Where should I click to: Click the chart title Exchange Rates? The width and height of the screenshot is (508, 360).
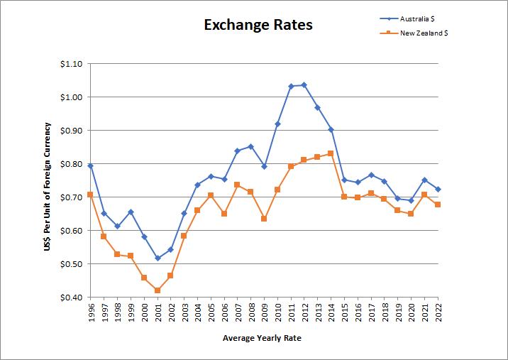pos(258,25)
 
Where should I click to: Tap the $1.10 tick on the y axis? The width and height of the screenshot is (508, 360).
pos(72,64)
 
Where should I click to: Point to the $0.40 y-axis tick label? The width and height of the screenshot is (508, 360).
pos(72,298)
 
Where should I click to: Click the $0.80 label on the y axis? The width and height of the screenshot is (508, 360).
pos(72,164)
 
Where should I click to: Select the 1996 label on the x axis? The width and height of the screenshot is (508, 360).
pos(91,313)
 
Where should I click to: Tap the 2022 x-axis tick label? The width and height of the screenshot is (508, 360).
pos(438,313)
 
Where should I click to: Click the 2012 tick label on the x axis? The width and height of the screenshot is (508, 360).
pos(304,313)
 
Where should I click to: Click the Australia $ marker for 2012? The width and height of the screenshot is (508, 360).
pos(304,85)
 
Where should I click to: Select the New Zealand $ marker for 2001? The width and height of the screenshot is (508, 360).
pos(158,290)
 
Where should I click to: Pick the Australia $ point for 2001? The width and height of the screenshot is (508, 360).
pos(158,258)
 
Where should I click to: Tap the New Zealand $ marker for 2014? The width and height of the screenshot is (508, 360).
pos(331,153)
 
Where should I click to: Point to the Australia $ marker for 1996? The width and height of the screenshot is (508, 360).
pos(91,165)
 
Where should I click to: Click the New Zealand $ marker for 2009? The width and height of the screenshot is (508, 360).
pos(264,219)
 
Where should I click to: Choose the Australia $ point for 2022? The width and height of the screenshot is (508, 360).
pos(438,190)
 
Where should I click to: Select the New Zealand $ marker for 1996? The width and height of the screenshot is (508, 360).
pos(91,194)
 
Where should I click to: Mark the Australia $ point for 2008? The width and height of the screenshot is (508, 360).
pos(250,147)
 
